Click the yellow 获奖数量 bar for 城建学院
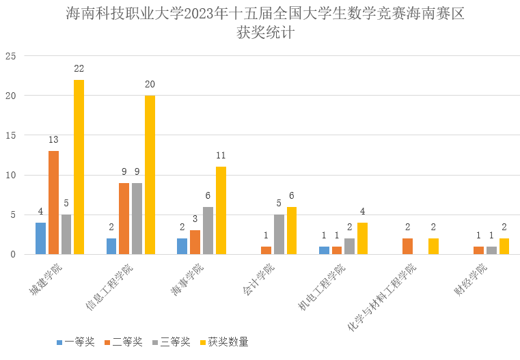tap(79, 167)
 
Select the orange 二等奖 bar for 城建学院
tap(53, 203)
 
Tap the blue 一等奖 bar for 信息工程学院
tap(111, 247)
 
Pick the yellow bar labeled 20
tap(150, 175)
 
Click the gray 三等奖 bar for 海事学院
tap(208, 231)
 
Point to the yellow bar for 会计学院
tap(292, 231)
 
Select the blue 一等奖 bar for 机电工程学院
tap(324, 251)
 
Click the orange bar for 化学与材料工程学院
tap(407, 247)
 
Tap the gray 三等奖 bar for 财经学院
tap(491, 251)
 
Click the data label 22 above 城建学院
tap(79, 68)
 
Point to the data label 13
tap(53, 139)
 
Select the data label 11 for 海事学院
tap(221, 155)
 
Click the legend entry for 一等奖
tap(75, 342)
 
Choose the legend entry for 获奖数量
tap(223, 342)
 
